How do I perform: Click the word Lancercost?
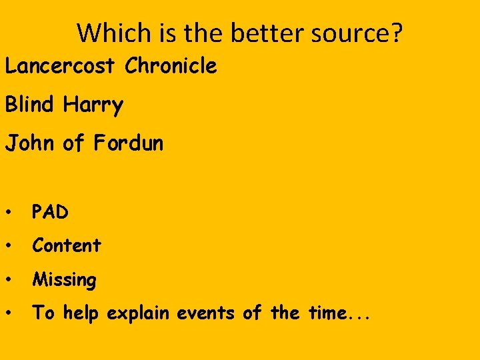pos(62,66)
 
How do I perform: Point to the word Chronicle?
pos(171,66)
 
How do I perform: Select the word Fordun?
pos(128,143)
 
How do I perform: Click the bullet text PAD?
pos(51,212)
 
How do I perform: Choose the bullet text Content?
pos(67,245)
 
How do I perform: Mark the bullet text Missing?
pos(64,280)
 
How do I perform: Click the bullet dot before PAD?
pos(9,213)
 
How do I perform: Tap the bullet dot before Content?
pos(9,246)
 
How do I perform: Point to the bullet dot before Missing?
pos(9,280)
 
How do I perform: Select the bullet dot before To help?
pos(9,313)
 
